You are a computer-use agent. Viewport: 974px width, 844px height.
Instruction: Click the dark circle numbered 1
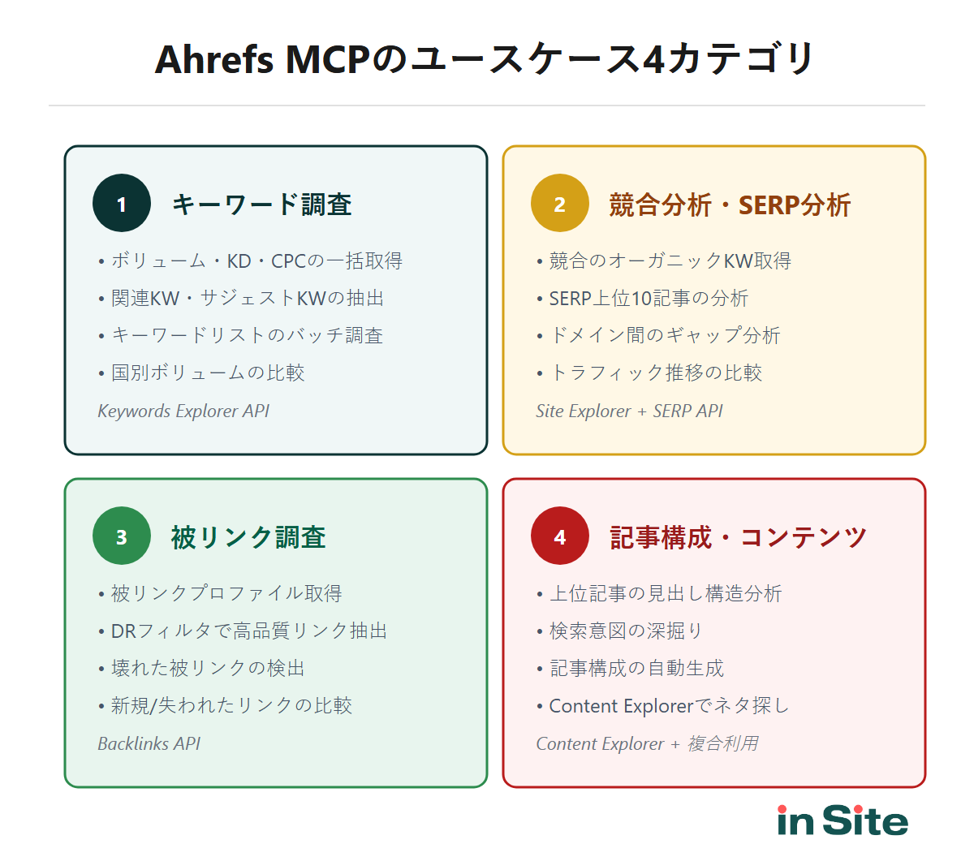click(122, 204)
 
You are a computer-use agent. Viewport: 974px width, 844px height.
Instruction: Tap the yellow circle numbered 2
click(560, 204)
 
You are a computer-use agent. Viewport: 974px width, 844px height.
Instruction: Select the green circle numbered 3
click(122, 536)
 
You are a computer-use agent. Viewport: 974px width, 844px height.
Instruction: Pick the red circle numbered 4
click(560, 536)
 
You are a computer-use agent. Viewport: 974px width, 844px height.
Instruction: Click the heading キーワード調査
click(261, 205)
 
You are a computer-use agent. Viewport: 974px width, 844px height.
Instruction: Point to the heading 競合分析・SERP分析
click(730, 205)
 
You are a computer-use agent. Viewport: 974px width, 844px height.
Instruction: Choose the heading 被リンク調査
click(248, 537)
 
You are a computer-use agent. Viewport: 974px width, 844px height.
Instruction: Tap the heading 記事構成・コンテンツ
click(738, 537)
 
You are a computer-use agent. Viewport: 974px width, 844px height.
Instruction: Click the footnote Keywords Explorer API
click(183, 411)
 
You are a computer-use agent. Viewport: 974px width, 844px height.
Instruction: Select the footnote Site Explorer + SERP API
click(629, 411)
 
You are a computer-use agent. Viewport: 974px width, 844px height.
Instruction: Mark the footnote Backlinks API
click(149, 744)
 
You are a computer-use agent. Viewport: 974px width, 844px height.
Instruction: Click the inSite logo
click(843, 820)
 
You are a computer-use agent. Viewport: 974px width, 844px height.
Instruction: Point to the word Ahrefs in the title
click(214, 60)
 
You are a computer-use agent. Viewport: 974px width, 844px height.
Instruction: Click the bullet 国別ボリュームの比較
click(207, 373)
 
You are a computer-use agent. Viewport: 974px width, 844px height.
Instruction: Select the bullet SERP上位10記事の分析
click(648, 299)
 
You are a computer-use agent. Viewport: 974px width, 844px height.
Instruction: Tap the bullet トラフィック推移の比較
click(655, 373)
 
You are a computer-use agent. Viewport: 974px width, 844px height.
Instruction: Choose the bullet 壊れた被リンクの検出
click(207, 669)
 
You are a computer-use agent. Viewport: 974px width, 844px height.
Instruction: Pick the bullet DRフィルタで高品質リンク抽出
click(248, 631)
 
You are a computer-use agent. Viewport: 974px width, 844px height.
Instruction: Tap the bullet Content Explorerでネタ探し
click(669, 706)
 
